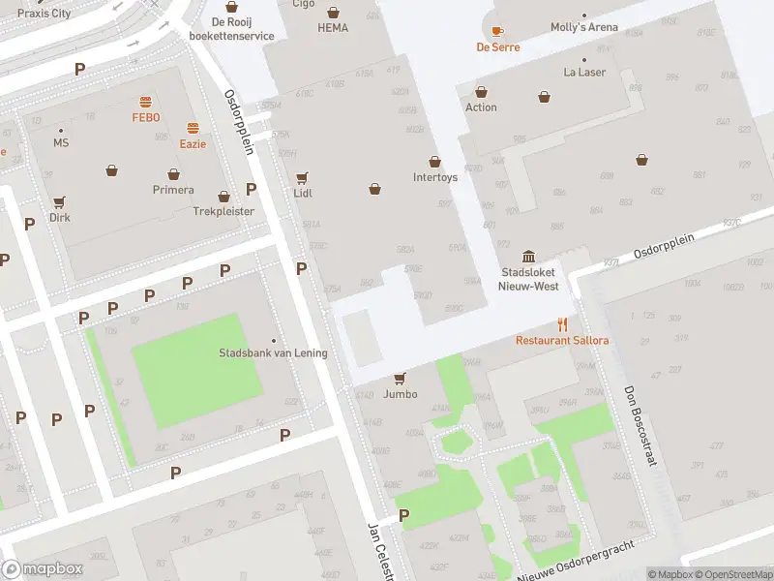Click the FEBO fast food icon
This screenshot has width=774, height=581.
click(145, 102)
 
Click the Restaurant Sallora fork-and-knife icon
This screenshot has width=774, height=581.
click(561, 325)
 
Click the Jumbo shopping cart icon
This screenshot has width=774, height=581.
click(400, 379)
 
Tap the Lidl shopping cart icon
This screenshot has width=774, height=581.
click(302, 178)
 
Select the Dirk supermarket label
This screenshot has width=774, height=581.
click(60, 218)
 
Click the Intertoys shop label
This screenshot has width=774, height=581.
click(434, 177)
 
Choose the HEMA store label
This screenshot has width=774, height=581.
click(333, 28)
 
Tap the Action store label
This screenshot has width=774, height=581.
click(481, 107)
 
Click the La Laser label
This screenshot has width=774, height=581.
click(584, 73)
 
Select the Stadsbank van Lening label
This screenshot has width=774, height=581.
click(273, 353)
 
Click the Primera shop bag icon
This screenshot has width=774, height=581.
click(173, 174)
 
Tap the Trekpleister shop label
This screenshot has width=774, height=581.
click(223, 210)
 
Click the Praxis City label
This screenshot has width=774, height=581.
click(45, 14)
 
